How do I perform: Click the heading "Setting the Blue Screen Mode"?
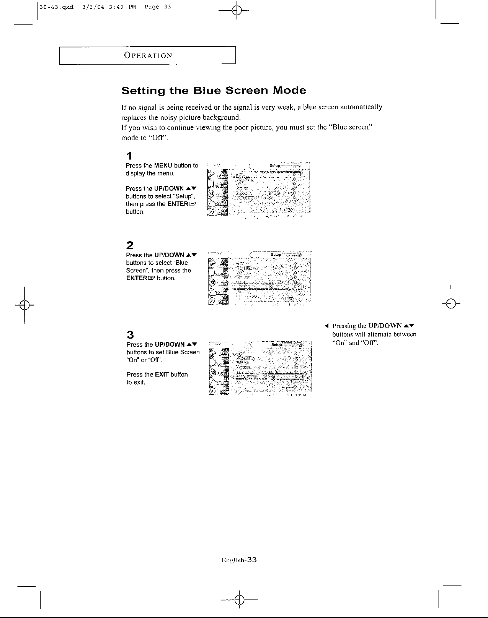point(214,91)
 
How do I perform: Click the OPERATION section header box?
point(147,55)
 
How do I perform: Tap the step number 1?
point(130,156)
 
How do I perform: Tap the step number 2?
point(130,245)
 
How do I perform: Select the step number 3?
point(130,335)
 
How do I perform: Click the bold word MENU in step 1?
point(163,165)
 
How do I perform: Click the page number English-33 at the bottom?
point(238,560)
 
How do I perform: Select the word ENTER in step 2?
point(135,278)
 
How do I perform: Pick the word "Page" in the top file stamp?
point(152,7)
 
